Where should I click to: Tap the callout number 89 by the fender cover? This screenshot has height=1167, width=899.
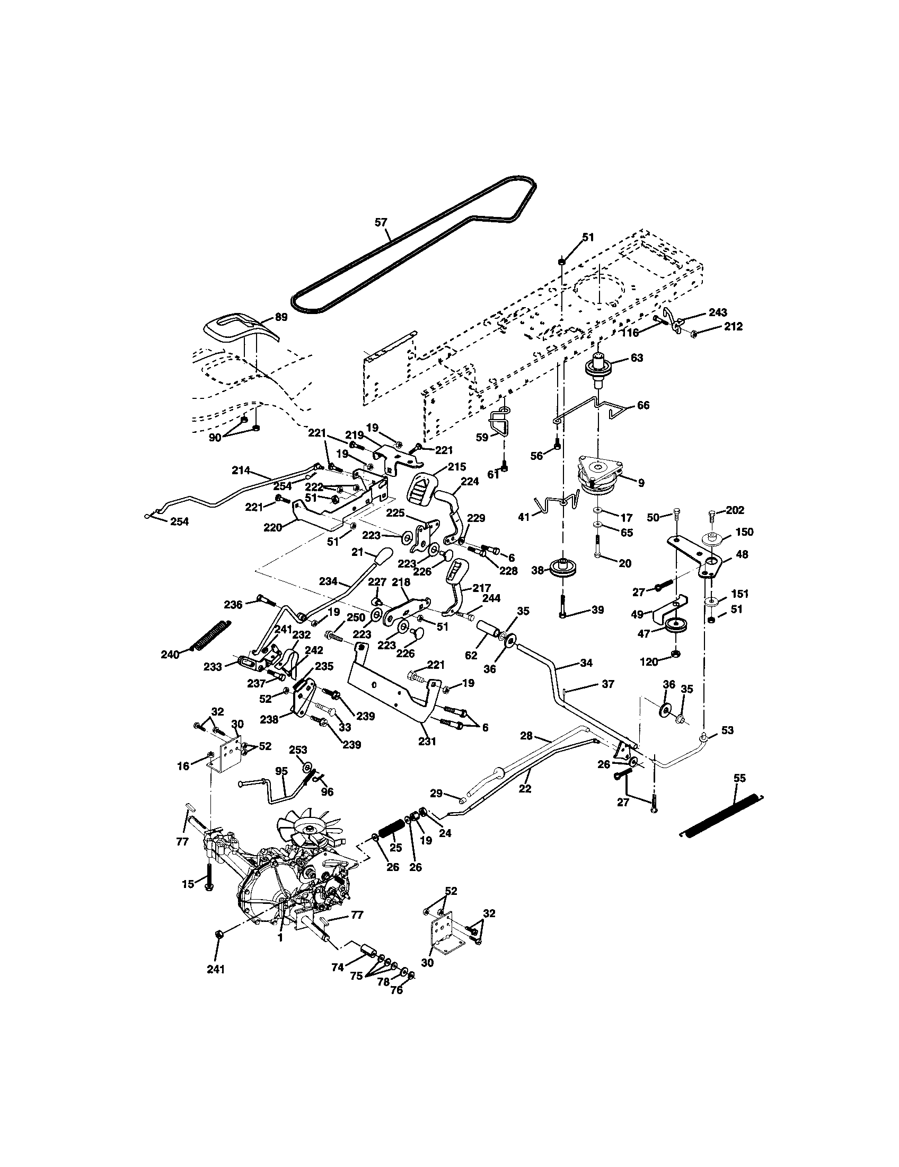point(281,317)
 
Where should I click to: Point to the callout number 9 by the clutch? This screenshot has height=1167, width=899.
point(641,483)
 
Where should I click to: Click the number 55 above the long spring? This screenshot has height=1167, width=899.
point(739,778)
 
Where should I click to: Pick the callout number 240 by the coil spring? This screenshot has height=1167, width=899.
point(170,654)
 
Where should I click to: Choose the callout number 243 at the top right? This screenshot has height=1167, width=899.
point(718,312)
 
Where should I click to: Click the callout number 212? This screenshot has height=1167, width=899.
point(733,326)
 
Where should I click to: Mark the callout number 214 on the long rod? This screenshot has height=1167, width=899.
point(241,471)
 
